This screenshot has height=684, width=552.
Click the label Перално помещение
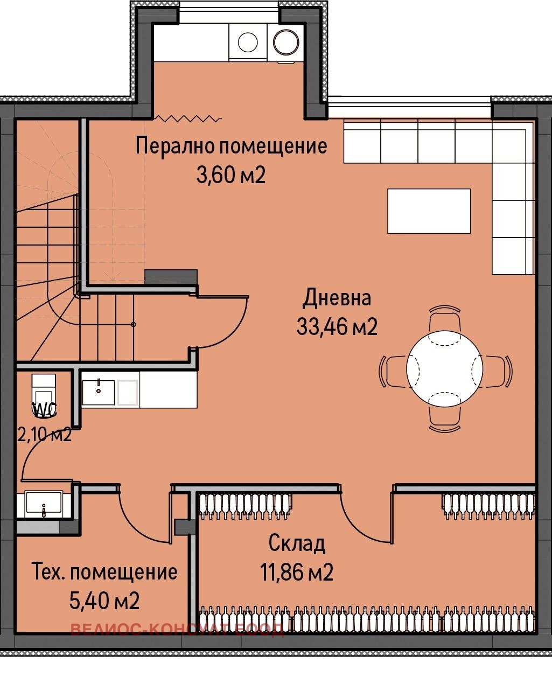tap(231, 146)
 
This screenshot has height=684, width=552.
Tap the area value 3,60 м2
tap(231, 176)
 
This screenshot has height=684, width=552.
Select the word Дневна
tap(337, 298)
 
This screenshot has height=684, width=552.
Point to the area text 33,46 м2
tap(337, 326)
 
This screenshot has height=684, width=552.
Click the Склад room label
tap(297, 543)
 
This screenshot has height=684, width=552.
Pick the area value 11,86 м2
tap(297, 572)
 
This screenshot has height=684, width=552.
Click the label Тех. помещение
tap(105, 571)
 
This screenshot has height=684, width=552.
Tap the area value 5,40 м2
tap(105, 600)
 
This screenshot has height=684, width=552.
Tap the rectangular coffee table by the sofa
tap(429, 211)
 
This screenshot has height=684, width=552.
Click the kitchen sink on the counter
tap(98, 392)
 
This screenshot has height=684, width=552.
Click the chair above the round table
tap(444, 320)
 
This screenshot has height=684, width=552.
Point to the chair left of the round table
tap(393, 371)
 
